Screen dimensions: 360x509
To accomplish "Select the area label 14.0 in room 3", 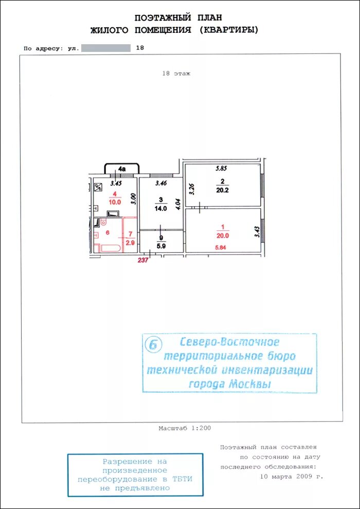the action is pyautogui.click(x=160, y=209).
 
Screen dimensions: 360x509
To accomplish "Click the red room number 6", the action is pyautogui.click(x=108, y=232).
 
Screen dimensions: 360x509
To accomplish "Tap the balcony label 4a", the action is pyautogui.click(x=122, y=169).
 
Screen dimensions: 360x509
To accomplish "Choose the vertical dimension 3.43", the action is pyautogui.click(x=257, y=231).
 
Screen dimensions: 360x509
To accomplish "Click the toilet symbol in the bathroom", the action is pyautogui.click(x=103, y=222).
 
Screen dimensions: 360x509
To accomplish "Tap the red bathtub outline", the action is pyautogui.click(x=111, y=249).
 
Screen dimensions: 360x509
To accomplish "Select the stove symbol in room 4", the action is pyautogui.click(x=98, y=187).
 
